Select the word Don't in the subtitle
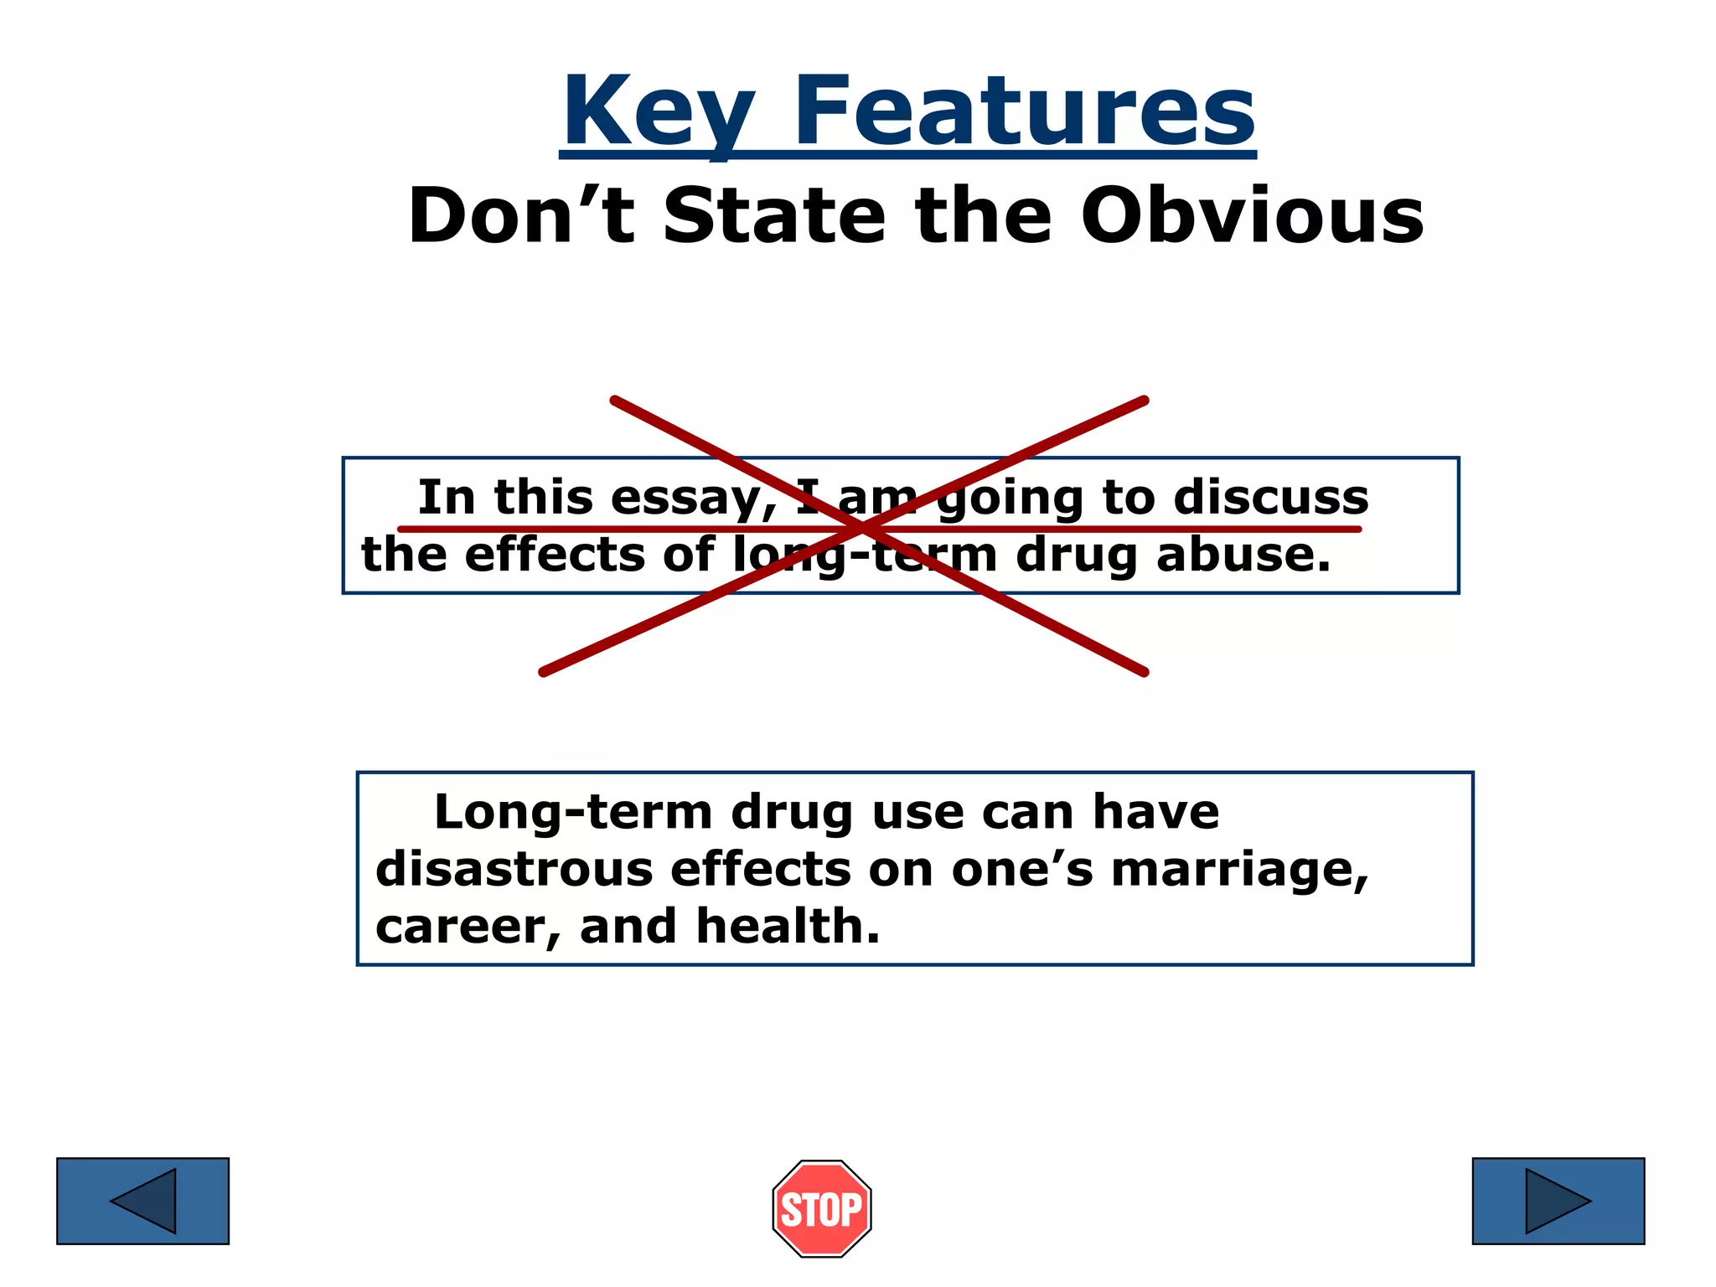(x=520, y=216)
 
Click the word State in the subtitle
(x=774, y=216)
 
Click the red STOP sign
(x=822, y=1208)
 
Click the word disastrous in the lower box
(x=514, y=869)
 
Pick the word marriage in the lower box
(x=1239, y=871)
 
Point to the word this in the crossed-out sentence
(x=543, y=497)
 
